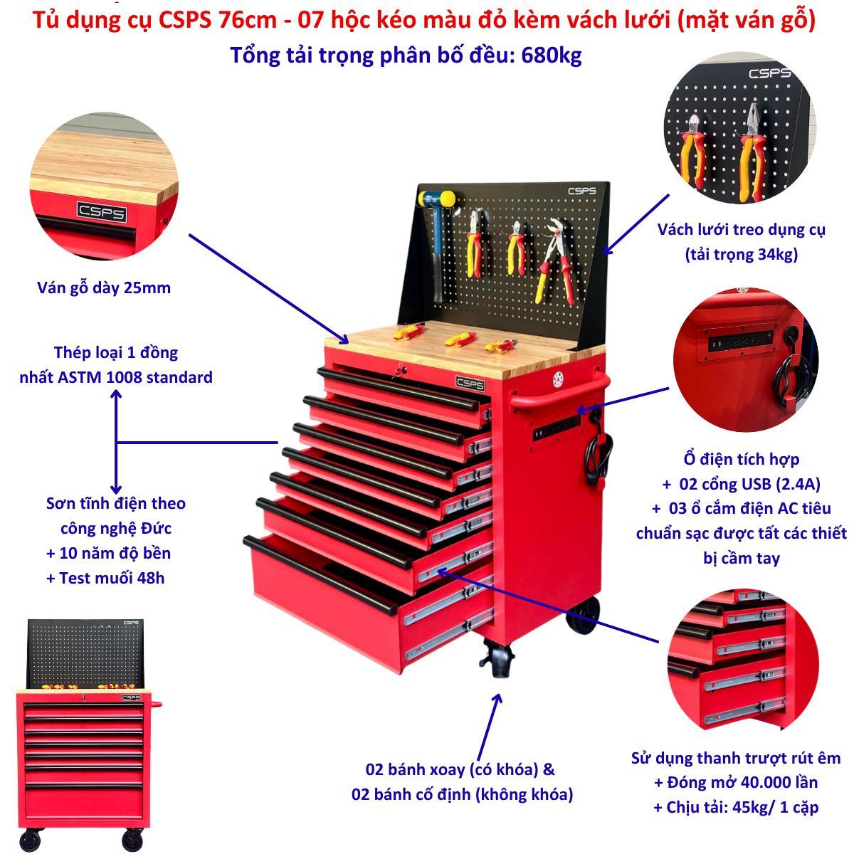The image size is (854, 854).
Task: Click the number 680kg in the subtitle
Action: point(551,56)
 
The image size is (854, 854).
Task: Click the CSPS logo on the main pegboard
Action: point(582,191)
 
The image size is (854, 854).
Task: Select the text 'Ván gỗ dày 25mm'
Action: point(104,288)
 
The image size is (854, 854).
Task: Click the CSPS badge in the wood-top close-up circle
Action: point(102,212)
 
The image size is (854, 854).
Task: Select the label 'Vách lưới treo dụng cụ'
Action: point(741,230)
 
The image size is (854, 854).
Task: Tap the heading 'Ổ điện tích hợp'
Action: point(741,459)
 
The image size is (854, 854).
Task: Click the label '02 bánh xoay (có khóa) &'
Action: point(460,769)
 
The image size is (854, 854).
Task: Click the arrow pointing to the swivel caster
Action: point(489,727)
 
